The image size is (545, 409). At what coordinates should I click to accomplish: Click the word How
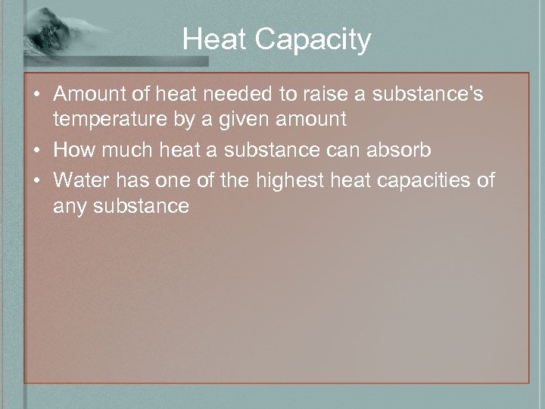(x=72, y=149)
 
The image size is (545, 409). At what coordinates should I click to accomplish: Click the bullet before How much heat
(x=36, y=150)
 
